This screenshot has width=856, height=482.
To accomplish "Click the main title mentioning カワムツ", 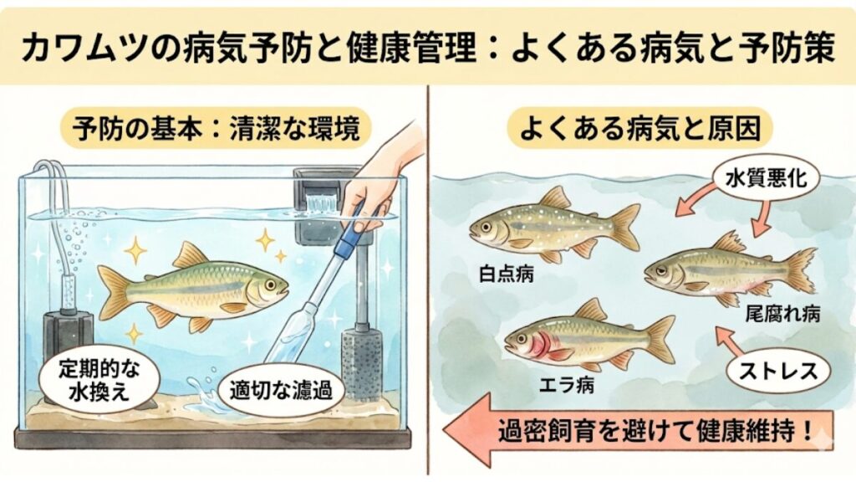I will click(x=428, y=47).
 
